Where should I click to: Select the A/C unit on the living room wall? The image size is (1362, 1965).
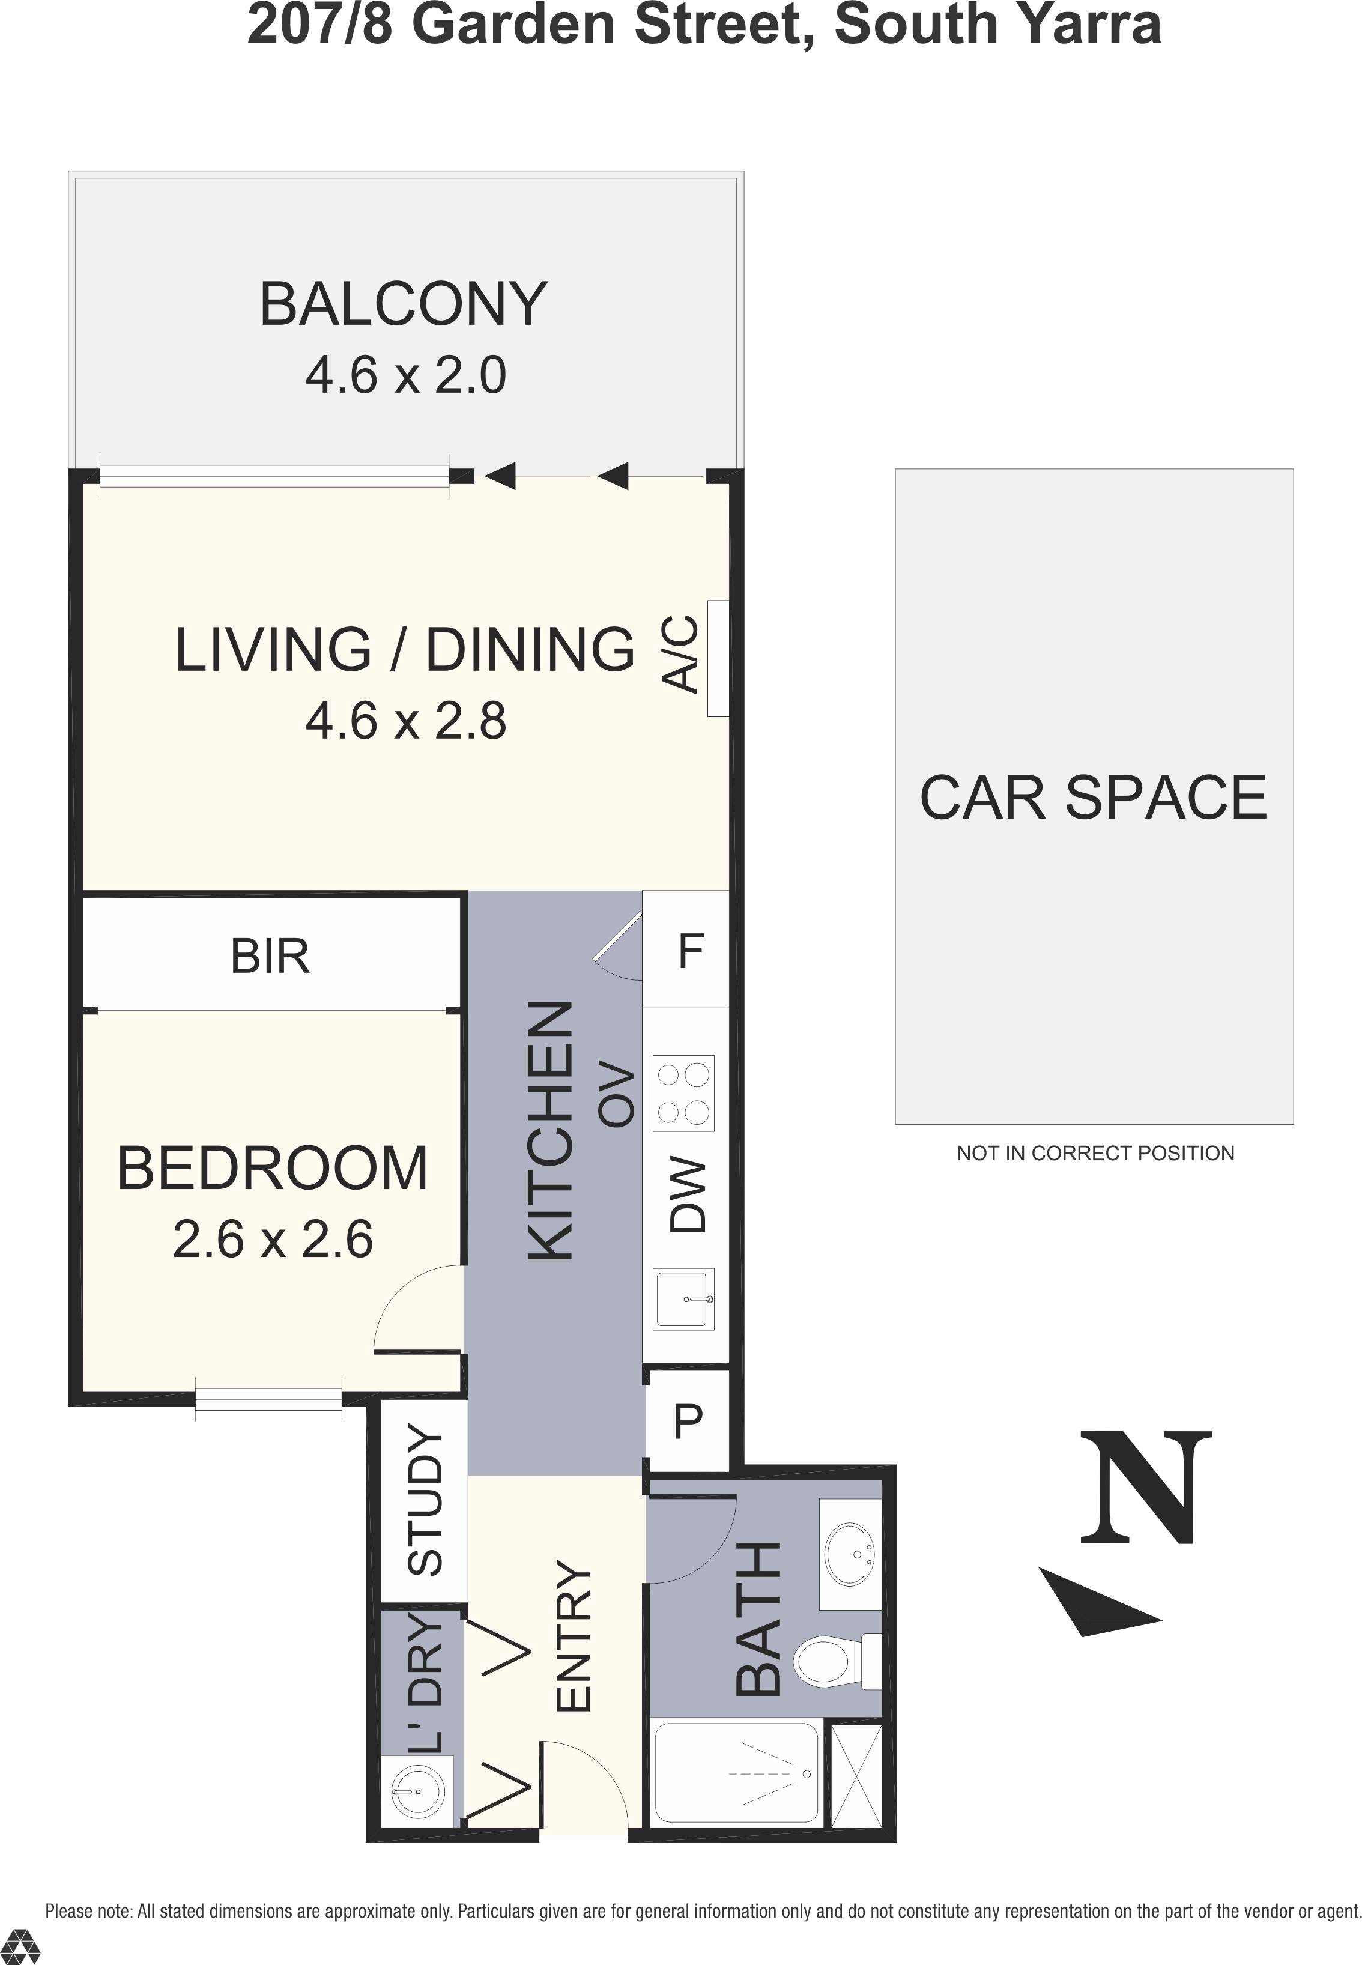click(x=718, y=659)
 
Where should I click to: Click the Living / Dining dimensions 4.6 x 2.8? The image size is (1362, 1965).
click(x=406, y=722)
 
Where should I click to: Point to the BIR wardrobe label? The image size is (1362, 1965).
click(x=270, y=957)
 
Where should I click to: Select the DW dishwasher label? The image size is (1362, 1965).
click(x=688, y=1195)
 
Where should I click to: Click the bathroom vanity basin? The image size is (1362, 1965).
click(x=850, y=1555)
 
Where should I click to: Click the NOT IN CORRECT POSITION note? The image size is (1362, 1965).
click(x=1095, y=1154)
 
